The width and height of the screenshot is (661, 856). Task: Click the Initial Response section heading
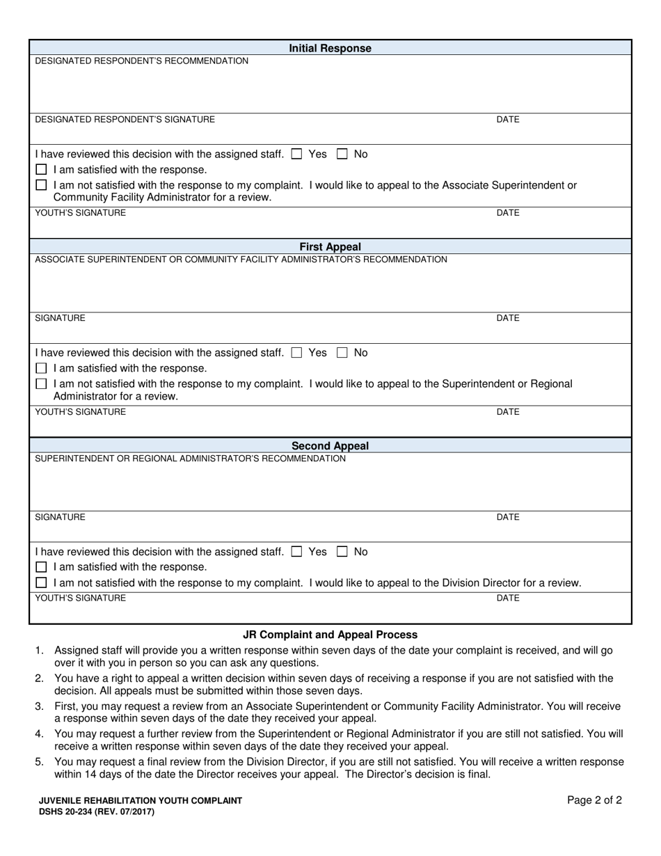pos(330,49)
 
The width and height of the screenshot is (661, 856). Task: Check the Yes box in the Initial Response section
pos(297,154)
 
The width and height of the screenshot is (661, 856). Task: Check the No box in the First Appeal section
pos(342,353)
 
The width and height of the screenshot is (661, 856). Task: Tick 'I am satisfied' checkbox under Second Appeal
pos(41,567)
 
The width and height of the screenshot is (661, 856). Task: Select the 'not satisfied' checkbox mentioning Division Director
pos(41,583)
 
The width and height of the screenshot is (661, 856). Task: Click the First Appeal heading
pos(330,247)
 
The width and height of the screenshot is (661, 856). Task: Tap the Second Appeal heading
pos(330,446)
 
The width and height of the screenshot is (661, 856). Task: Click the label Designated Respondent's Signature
pos(125,120)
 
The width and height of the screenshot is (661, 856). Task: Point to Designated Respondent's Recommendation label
pos(141,61)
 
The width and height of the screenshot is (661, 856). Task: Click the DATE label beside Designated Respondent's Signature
pos(507,120)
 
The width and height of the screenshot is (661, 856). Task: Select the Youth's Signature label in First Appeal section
pos(81,412)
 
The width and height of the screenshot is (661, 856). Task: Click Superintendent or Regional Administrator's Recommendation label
pos(190,459)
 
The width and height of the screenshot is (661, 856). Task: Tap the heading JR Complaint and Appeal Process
pos(330,635)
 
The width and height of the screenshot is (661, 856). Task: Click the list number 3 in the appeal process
pos(40,706)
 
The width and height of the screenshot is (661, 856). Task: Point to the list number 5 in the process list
pos(40,762)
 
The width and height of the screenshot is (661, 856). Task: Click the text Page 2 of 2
pos(594,800)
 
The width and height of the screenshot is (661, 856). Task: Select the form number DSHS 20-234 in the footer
pos(97,811)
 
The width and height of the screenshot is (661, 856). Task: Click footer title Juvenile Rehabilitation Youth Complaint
pos(141,801)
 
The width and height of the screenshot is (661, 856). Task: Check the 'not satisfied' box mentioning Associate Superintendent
pos(41,185)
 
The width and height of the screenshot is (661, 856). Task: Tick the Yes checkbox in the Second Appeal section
pos(297,552)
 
